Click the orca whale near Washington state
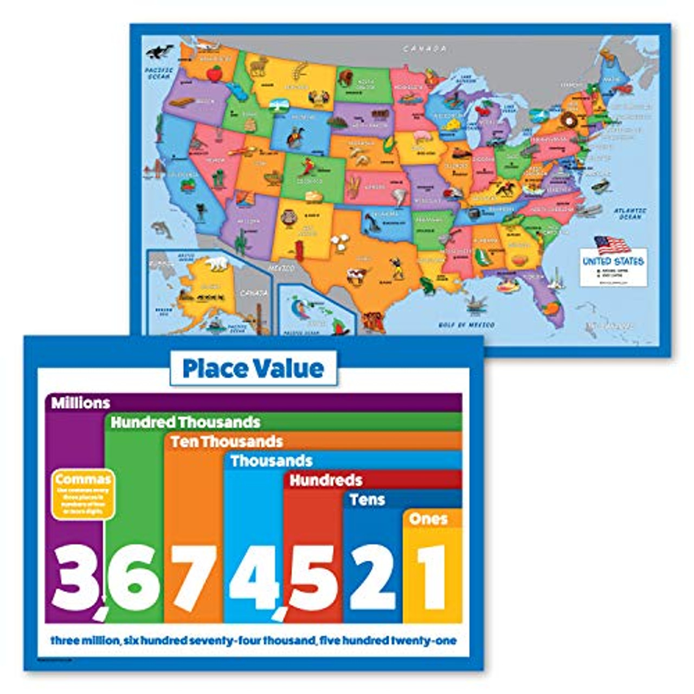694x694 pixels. click(159, 52)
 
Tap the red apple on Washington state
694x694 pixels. click(215, 73)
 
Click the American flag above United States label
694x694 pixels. click(612, 246)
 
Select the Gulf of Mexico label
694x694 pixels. click(466, 325)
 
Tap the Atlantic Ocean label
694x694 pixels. click(629, 214)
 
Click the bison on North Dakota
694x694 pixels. click(345, 78)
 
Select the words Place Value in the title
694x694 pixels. click(253, 369)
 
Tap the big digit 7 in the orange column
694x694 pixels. click(194, 577)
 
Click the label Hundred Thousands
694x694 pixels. click(185, 422)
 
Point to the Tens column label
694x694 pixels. click(367, 499)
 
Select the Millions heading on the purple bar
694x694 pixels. click(80, 403)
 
